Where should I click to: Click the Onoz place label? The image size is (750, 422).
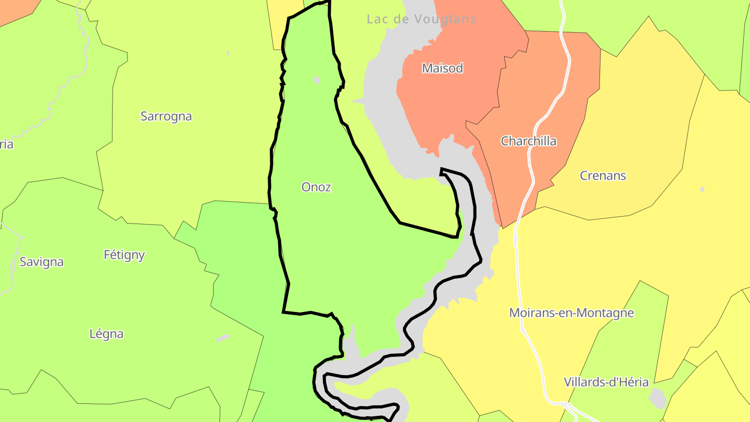click(x=316, y=187)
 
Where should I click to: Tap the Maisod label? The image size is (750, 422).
click(x=442, y=68)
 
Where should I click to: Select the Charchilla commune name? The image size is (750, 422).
click(x=528, y=141)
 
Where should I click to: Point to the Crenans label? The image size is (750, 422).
click(x=603, y=176)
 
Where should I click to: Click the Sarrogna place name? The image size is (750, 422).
click(x=166, y=116)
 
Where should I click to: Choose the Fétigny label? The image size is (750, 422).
click(x=124, y=255)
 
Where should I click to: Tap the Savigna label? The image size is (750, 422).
click(x=42, y=262)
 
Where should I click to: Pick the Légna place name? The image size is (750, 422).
click(x=106, y=333)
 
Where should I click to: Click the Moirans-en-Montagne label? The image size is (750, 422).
click(x=571, y=313)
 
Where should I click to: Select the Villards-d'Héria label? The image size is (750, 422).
click(x=606, y=382)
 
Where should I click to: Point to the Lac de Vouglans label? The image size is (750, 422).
click(x=421, y=19)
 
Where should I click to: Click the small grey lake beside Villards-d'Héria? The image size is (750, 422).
click(x=658, y=399)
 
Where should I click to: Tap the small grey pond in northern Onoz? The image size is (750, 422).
click(x=316, y=81)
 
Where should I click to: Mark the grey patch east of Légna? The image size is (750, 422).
click(x=223, y=338)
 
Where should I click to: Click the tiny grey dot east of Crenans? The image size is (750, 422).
click(x=702, y=189)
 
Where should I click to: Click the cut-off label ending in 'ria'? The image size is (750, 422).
click(x=6, y=144)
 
